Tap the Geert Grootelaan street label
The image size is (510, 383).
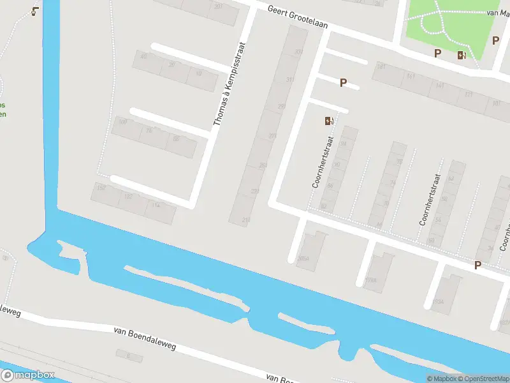[298, 17]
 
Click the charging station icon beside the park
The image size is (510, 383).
[461, 55]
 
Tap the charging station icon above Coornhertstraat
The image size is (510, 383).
[329, 121]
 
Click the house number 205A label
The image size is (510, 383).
[303, 259]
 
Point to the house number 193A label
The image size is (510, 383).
[437, 301]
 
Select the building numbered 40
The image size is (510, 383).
[143, 56]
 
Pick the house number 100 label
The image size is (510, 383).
[123, 121]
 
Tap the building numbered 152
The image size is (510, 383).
[100, 187]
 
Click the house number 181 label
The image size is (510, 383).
[382, 66]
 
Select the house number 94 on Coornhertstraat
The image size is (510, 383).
[343, 144]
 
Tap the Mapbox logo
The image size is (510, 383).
[28, 375]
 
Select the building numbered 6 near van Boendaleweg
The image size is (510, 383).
[128, 356]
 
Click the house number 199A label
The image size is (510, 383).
[370, 280]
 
